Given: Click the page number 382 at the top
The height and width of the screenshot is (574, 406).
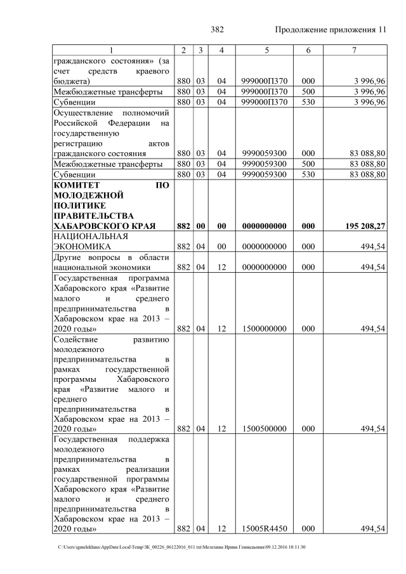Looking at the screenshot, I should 217,30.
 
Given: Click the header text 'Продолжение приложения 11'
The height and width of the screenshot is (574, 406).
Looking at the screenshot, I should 330,30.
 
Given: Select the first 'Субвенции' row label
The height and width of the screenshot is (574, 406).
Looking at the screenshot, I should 75,102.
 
